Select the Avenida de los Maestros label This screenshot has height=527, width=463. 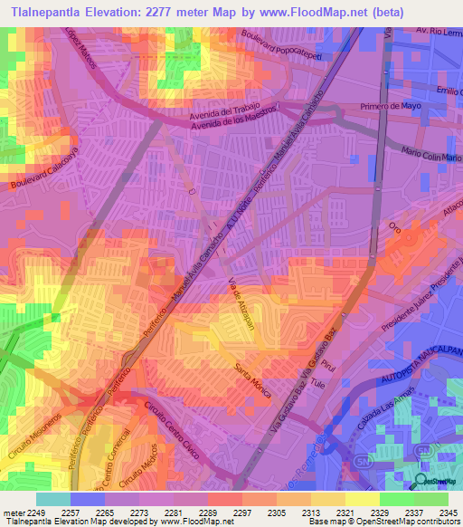pos(236,117)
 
